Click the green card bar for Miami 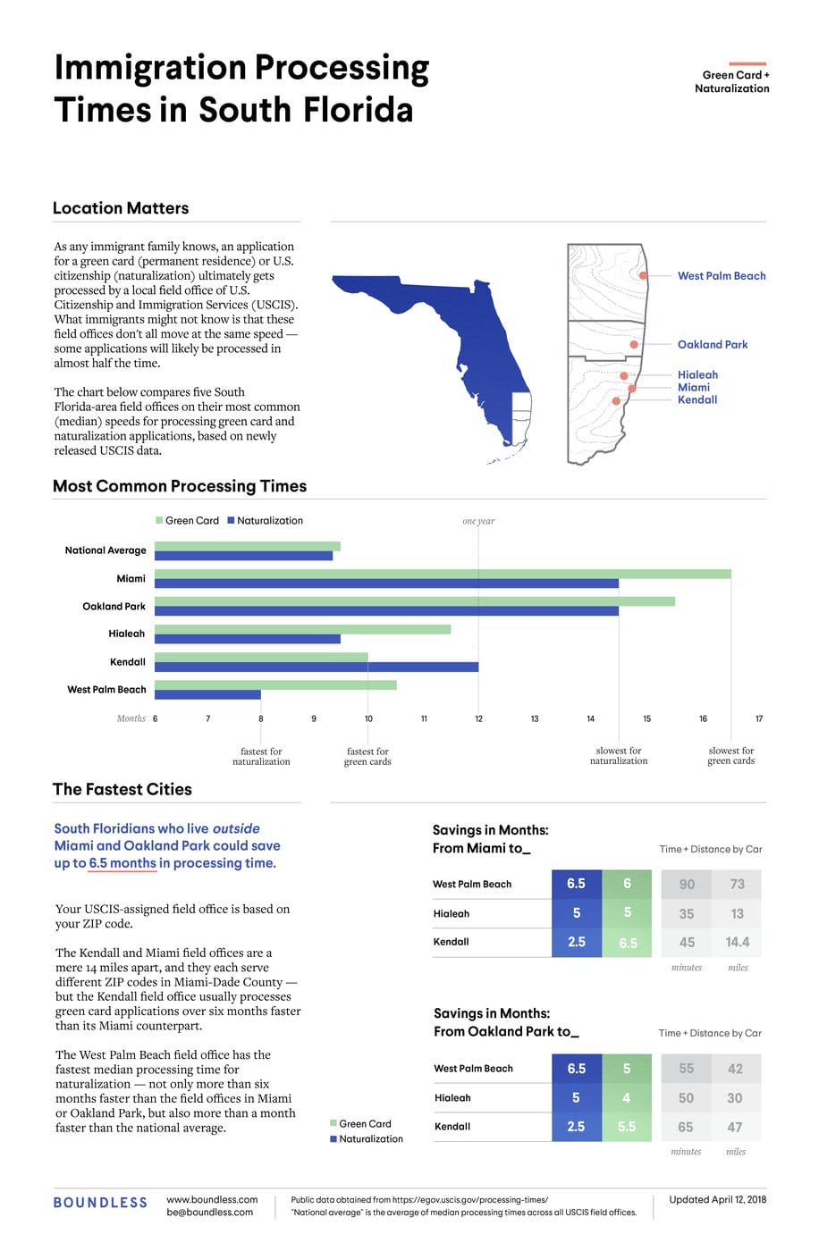tap(443, 574)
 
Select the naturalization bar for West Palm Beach tap(207, 694)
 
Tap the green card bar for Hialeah tap(302, 629)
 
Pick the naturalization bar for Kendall tap(317, 667)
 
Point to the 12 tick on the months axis tap(478, 718)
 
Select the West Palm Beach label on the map tap(721, 276)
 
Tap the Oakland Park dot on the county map tap(634, 344)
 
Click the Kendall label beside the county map tap(697, 400)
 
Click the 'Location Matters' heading tap(121, 208)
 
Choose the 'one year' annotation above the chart tap(478, 521)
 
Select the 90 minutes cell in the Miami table tap(687, 885)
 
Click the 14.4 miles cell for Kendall tap(738, 942)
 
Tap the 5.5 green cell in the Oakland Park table tap(627, 1127)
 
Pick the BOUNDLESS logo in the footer tap(100, 1203)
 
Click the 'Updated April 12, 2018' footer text tap(717, 1199)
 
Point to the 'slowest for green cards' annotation tap(731, 756)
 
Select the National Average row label tap(106, 550)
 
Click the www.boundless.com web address tap(212, 1199)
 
